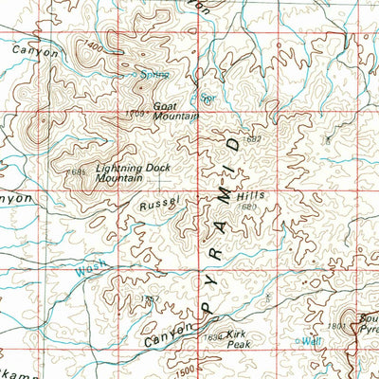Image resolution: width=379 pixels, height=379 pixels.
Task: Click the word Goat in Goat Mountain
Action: [x=165, y=106]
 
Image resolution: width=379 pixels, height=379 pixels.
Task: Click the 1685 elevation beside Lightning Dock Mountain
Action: [x=78, y=171]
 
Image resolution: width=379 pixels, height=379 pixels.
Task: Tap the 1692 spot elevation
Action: [x=253, y=138]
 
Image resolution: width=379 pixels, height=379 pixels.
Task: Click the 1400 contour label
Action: [x=91, y=45]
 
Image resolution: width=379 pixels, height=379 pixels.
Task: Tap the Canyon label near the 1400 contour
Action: [x=35, y=54]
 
